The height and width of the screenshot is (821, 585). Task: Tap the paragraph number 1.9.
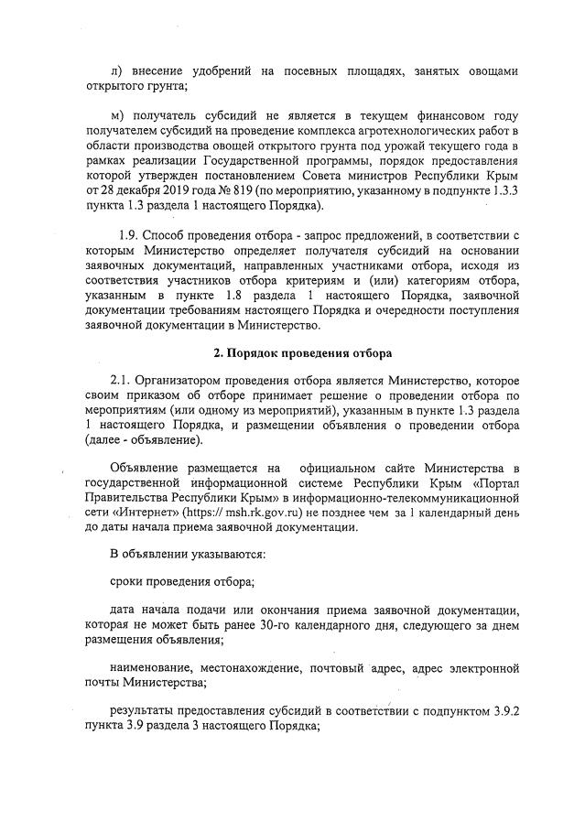click(x=136, y=234)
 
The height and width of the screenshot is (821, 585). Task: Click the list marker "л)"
click(x=115, y=71)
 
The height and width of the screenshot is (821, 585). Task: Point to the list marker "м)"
click(x=116, y=116)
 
